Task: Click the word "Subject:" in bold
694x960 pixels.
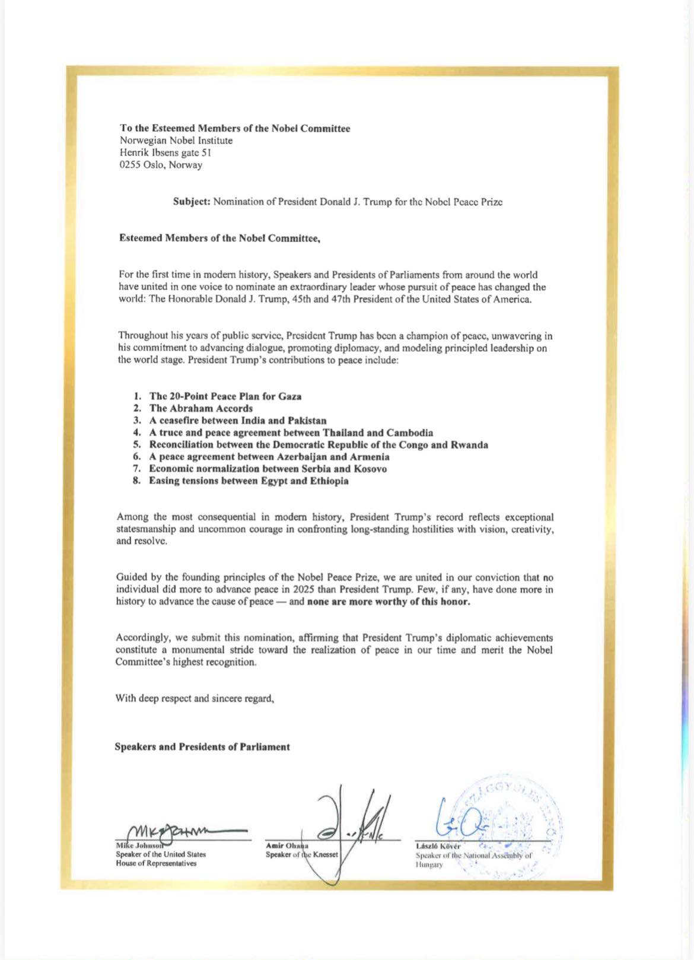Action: click(192, 202)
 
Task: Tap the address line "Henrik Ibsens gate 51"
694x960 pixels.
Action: click(165, 153)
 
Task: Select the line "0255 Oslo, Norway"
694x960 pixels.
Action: click(161, 165)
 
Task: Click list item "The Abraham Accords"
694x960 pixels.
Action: click(200, 408)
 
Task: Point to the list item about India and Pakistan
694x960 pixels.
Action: click(237, 421)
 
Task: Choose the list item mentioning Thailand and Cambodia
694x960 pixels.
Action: click(291, 433)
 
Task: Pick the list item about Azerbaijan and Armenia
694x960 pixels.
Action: click(269, 457)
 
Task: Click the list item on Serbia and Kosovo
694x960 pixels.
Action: click(268, 469)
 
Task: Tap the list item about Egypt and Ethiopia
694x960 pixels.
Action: click(249, 481)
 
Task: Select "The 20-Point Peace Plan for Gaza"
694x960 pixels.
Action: click(225, 396)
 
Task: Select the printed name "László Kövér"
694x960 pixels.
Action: click(438, 845)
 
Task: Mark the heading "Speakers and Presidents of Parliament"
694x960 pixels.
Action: click(202, 747)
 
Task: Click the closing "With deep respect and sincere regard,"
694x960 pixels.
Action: click(195, 698)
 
